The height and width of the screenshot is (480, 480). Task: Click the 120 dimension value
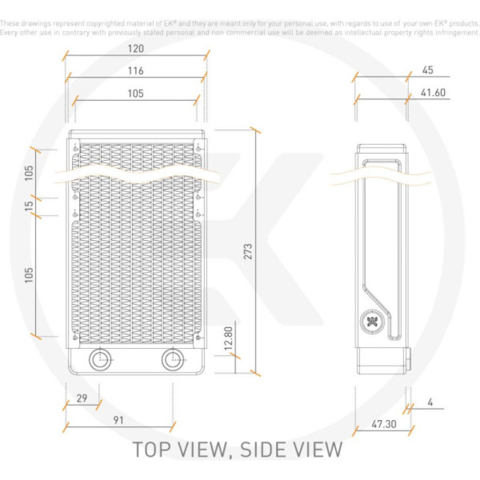point(136,48)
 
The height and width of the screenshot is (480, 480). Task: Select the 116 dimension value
point(136,71)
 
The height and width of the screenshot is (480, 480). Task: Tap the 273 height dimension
point(248,251)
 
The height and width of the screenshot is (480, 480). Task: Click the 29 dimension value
point(82,398)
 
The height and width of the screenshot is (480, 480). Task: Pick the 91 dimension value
point(119,420)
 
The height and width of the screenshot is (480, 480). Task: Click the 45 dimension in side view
point(428,70)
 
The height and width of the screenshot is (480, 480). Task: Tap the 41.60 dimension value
point(433,93)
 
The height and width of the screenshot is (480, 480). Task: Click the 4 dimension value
point(430,402)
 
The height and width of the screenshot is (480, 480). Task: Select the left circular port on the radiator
point(100,359)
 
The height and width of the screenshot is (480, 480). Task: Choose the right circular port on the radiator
point(172,359)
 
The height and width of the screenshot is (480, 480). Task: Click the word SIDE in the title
point(262,450)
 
